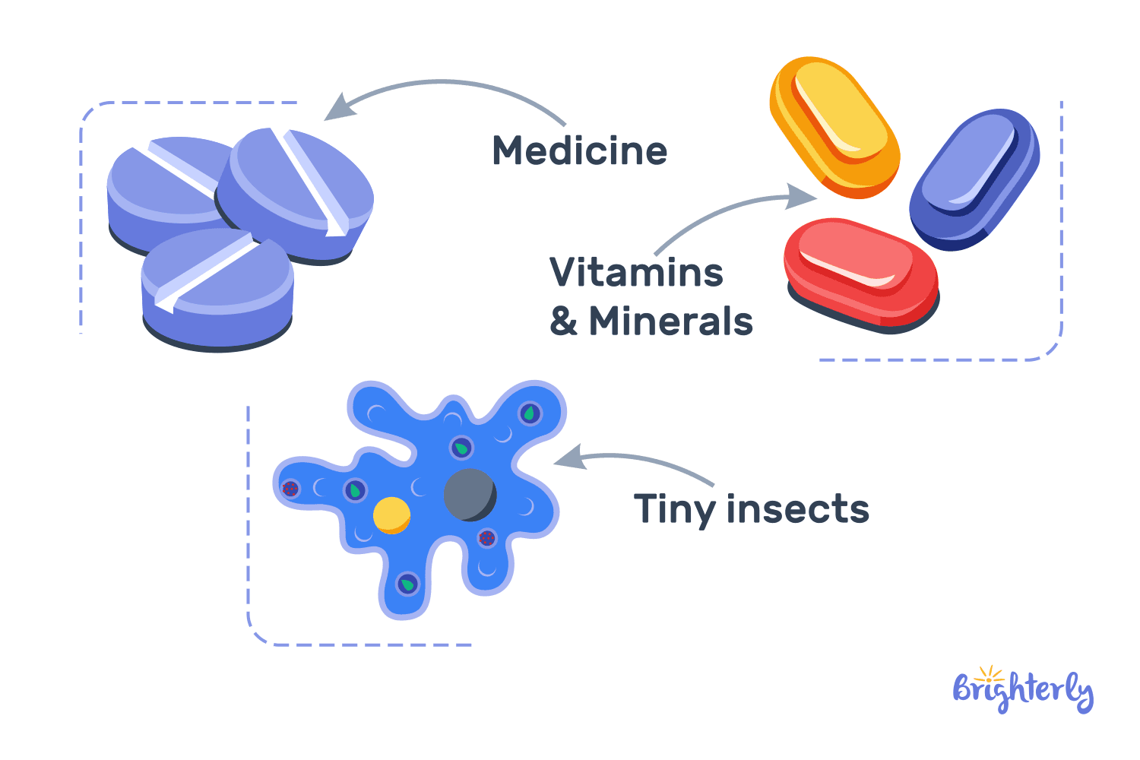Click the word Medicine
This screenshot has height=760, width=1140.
tap(579, 150)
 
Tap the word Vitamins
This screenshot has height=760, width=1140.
tap(636, 272)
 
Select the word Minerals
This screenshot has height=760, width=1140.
tap(670, 321)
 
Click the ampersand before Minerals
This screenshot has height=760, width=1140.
tap(563, 321)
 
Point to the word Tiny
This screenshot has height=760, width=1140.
tap(674, 510)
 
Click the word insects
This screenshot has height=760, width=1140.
tap(797, 508)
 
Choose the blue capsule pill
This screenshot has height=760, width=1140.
tap(974, 179)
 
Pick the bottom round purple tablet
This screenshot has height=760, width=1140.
tap(217, 289)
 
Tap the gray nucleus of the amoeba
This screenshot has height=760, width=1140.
tap(470, 495)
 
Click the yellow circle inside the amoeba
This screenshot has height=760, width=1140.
tap(391, 515)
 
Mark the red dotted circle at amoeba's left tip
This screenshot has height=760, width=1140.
tap(290, 489)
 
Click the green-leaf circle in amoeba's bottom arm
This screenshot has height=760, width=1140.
tap(408, 584)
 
